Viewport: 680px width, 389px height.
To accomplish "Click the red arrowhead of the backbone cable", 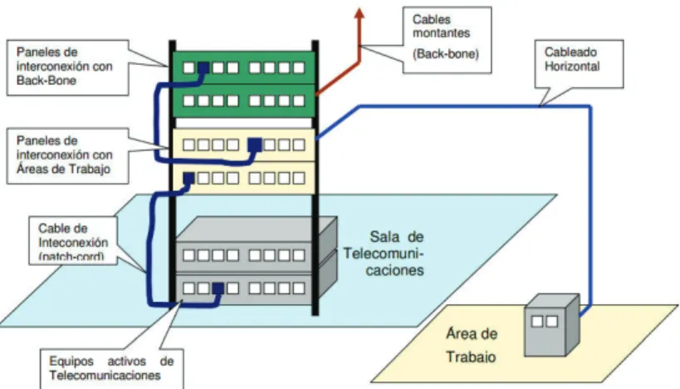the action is click(359, 13).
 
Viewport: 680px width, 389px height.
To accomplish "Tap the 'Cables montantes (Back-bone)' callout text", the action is click(445, 37).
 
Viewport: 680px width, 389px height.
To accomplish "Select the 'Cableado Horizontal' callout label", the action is click(571, 59).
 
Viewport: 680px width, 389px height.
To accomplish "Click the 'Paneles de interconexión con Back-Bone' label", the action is click(64, 66).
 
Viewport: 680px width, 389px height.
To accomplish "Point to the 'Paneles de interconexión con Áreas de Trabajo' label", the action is click(64, 155).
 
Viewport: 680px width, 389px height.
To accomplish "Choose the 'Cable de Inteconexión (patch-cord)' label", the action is click(73, 242).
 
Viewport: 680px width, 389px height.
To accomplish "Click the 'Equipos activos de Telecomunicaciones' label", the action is click(111, 368).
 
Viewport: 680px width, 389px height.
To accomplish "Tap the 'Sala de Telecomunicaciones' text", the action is click(384, 254).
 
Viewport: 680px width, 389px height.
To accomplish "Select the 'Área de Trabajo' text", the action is click(472, 345).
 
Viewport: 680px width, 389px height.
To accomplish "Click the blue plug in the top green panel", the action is click(203, 67).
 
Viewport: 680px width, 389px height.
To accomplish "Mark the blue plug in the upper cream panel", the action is click(255, 144).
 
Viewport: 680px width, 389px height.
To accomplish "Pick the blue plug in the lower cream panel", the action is click(188, 178).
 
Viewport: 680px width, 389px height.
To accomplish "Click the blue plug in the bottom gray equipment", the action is click(218, 288).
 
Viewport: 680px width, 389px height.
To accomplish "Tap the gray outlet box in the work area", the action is click(551, 325).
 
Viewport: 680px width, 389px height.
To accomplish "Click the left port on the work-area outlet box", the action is click(537, 322).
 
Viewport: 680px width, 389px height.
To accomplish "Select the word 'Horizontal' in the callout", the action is click(571, 66).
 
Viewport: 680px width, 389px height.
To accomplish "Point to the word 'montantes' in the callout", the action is click(441, 33).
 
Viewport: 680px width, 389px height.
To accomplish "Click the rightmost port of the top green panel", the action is click(299, 67).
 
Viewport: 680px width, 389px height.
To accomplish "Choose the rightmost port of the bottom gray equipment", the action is click(299, 288).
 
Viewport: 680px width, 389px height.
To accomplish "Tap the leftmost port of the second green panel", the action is click(188, 101).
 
